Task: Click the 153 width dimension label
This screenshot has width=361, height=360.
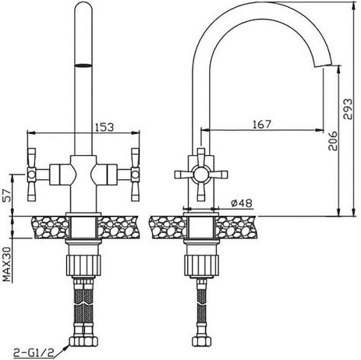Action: click(104, 127)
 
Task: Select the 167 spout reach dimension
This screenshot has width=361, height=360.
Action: click(262, 124)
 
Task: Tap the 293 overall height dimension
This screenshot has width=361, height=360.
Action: click(348, 109)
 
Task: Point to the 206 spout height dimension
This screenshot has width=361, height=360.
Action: click(333, 141)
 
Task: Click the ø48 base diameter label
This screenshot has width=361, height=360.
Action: click(241, 203)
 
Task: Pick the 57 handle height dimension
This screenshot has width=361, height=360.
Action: click(8, 195)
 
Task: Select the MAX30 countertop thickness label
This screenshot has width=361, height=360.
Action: click(7, 264)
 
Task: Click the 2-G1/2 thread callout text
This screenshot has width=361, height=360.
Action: click(34, 353)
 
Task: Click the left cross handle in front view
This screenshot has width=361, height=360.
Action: click(31, 175)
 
